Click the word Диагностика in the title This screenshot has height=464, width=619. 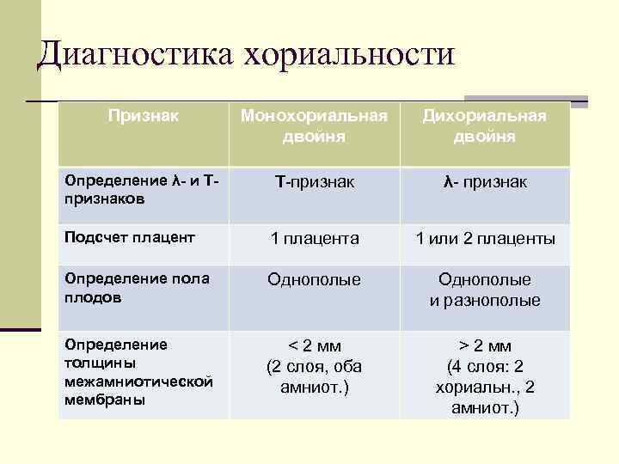(135, 54)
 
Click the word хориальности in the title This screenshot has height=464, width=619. (348, 54)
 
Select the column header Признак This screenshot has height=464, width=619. (144, 114)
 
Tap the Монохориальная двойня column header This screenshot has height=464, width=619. (313, 125)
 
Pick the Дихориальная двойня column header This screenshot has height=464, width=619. (484, 125)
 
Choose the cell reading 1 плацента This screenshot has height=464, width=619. (314, 238)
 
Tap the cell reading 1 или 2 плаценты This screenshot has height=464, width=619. (485, 238)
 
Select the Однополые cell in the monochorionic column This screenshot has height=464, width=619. (314, 279)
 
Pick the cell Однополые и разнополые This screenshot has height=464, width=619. (485, 290)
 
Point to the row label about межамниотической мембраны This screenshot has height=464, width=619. (138, 371)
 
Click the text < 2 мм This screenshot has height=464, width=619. (314, 345)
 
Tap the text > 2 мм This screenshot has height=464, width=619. (485, 345)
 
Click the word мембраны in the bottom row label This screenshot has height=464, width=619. (104, 400)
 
